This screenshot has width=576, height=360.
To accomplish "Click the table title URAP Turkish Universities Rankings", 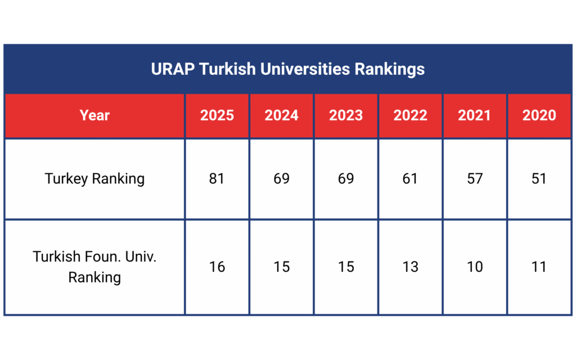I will point(287,70).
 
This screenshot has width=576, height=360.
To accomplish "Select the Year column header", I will point(94,115).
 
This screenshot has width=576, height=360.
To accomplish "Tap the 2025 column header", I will point(217,115).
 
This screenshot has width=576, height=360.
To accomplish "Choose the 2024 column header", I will point(281,115).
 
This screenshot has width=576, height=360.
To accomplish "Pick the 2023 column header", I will point(346,115).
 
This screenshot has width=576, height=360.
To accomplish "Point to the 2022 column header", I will point(410,115).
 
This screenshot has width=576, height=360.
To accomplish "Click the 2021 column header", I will point(475,115).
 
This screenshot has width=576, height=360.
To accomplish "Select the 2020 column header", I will point(539,115).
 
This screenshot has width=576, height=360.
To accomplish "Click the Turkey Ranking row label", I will point(94,179).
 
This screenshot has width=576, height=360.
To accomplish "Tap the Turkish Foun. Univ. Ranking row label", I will point(94,267).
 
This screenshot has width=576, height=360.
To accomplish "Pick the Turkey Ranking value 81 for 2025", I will point(217,179).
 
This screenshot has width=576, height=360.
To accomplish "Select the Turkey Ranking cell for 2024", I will point(281,179).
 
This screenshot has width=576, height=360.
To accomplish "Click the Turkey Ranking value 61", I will point(410,179).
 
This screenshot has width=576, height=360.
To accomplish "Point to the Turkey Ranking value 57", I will point(475,179).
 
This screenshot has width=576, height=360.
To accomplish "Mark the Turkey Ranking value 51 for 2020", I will point(539,179).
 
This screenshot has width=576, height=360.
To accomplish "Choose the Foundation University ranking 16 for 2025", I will point(217,267).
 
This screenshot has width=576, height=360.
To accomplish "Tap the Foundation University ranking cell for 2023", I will point(346,267).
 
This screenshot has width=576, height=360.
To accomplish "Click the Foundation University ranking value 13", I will point(410,267).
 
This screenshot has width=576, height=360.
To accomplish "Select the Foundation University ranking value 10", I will point(475,267).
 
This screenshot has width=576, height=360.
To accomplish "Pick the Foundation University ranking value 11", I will point(539,267).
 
